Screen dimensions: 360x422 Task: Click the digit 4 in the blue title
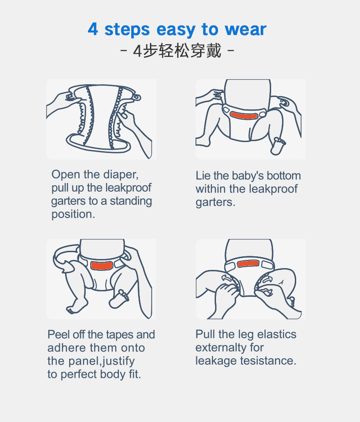93,29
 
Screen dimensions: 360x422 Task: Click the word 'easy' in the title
176,30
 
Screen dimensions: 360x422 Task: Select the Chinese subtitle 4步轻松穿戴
177,51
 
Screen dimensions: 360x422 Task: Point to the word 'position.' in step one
73,214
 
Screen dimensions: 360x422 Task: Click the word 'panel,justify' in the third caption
102,361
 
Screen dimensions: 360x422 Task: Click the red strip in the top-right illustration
244,116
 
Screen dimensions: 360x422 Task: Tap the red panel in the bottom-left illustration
101,265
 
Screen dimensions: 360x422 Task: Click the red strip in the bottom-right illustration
248,264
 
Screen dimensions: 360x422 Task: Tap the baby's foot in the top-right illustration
278,146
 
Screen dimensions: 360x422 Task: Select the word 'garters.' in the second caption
215,203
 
